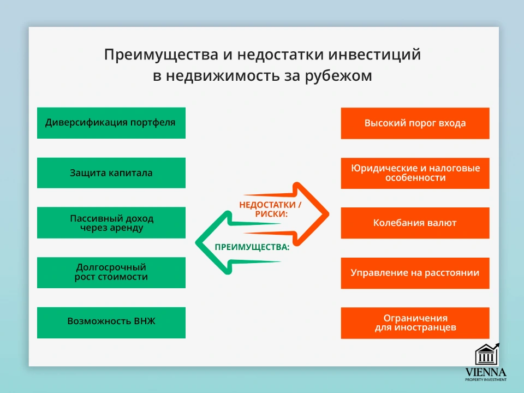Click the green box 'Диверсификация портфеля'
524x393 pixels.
[111, 123]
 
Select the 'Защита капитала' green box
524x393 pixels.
[111, 173]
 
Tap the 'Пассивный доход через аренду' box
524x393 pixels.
[111, 223]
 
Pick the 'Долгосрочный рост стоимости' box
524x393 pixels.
[111, 272]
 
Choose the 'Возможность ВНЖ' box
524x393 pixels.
[111, 322]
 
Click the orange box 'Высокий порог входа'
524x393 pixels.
[415, 123]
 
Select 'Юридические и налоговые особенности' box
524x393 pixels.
[415, 173]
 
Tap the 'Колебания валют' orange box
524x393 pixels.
[415, 223]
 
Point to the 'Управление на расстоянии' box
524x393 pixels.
[415, 272]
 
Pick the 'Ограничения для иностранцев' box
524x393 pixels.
[415, 322]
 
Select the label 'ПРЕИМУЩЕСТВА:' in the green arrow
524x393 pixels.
[252, 247]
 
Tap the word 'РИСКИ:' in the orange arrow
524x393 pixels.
[271, 214]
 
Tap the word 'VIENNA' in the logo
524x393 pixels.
[485, 372]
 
